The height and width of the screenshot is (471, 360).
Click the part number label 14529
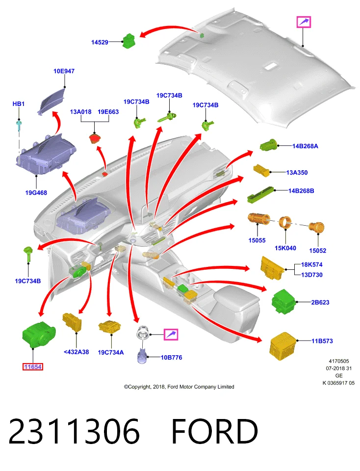point(100,42)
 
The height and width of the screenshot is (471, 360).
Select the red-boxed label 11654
point(33,367)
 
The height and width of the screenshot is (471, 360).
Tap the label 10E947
point(64,71)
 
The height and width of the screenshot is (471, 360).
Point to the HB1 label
point(18,104)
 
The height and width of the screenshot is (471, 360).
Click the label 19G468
point(36,193)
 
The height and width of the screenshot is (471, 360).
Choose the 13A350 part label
point(297,172)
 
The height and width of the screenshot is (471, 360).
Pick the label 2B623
point(320,302)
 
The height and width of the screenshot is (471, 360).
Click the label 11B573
point(322,341)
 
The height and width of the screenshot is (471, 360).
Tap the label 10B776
point(172,358)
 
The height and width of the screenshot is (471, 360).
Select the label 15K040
point(285,248)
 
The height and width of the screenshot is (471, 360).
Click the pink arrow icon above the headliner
point(304,22)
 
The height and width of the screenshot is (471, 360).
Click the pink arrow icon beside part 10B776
point(171,334)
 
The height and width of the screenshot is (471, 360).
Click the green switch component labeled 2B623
point(283,302)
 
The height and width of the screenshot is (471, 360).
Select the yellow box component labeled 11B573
point(283,346)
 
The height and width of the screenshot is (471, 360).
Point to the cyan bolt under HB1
point(19,125)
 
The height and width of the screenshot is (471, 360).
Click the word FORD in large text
point(215,431)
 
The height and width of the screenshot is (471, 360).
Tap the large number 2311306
point(74,431)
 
